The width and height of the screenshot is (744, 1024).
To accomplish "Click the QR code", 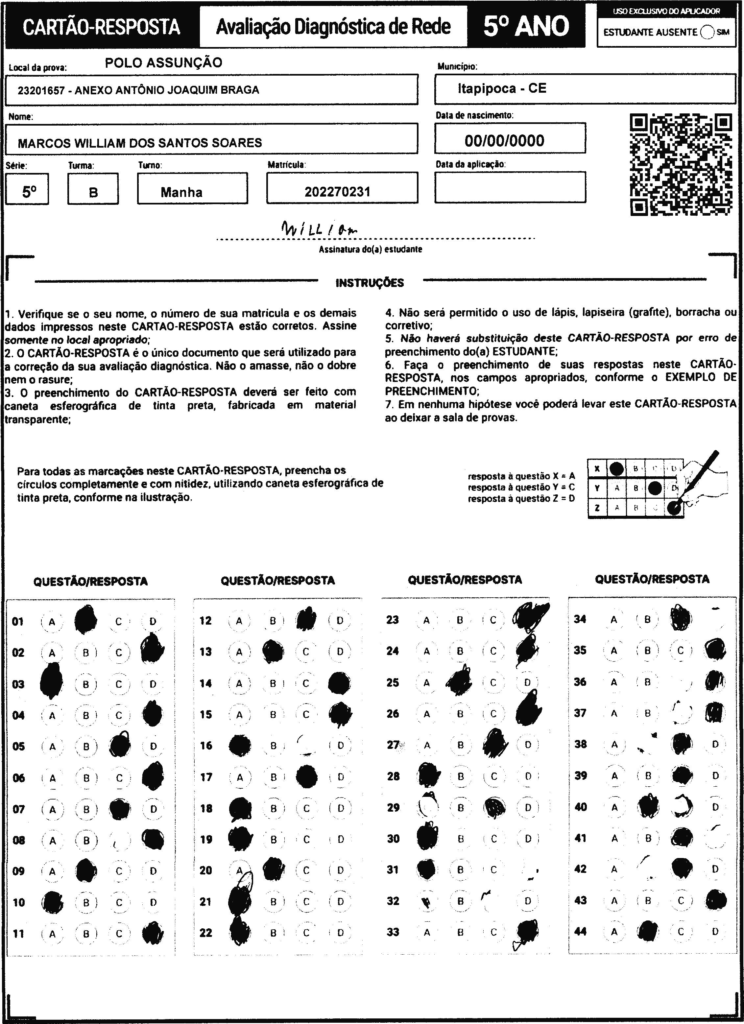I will [681, 165].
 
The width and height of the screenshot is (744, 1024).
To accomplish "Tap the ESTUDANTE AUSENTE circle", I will [708, 33].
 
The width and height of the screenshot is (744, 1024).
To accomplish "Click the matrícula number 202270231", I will [337, 192].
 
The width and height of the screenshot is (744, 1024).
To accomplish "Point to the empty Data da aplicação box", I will [510, 187].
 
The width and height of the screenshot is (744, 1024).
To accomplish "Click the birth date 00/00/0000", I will [504, 140].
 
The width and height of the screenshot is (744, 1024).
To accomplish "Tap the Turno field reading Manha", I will [181, 192].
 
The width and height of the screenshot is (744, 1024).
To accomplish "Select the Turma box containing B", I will [93, 193].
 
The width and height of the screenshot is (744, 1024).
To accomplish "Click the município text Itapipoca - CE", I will [502, 88].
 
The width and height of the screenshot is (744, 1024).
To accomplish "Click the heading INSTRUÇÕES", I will [370, 283].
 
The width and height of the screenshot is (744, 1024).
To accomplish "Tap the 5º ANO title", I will [526, 26].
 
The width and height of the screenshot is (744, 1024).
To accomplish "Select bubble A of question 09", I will [52, 871].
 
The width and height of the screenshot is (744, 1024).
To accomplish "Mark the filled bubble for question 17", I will [306, 776].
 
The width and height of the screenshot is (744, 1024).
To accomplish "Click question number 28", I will [393, 776].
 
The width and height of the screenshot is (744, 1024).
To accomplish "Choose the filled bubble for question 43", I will [715, 901].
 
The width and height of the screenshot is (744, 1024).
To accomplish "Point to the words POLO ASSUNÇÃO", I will [163, 63].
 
